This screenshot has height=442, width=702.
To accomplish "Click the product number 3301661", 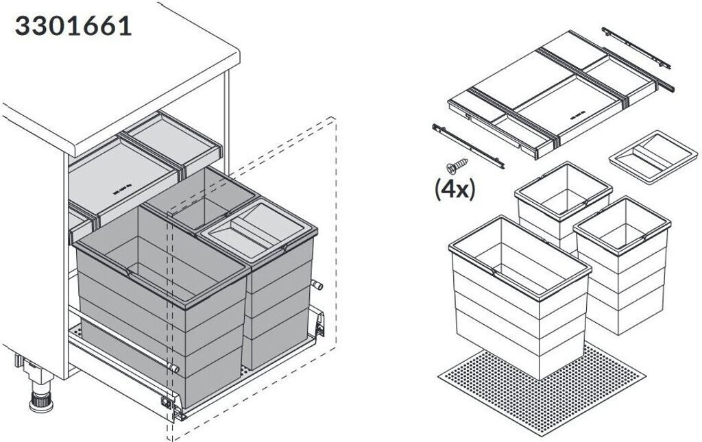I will click(73, 25).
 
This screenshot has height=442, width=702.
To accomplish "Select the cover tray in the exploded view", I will click(548, 96).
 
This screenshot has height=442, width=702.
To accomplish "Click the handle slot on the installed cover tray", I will click(121, 189).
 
